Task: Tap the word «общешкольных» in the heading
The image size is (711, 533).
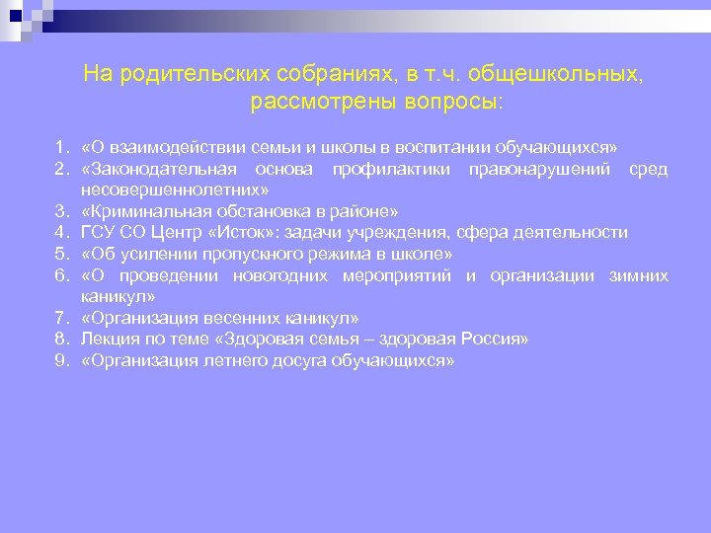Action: (559, 75)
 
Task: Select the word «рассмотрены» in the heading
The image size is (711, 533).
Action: (315, 101)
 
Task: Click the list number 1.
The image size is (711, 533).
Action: (61, 148)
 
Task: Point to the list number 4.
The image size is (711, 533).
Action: (61, 233)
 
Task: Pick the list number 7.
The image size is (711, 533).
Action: (61, 318)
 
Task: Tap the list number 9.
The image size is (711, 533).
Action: (61, 361)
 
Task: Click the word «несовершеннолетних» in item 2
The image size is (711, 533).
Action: (171, 190)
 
